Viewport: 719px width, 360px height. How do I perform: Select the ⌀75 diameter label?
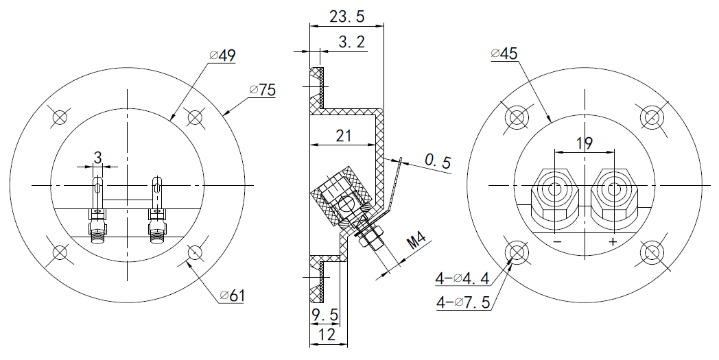click(263, 90)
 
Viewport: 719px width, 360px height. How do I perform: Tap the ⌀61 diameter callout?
click(233, 296)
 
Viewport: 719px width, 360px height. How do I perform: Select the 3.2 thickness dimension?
click(352, 43)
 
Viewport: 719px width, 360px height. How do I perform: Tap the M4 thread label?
click(416, 243)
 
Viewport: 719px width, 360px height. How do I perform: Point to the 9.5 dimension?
click(325, 316)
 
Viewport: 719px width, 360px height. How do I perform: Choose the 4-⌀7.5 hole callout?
click(462, 302)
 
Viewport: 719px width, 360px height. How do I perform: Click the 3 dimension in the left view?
click(97, 158)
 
